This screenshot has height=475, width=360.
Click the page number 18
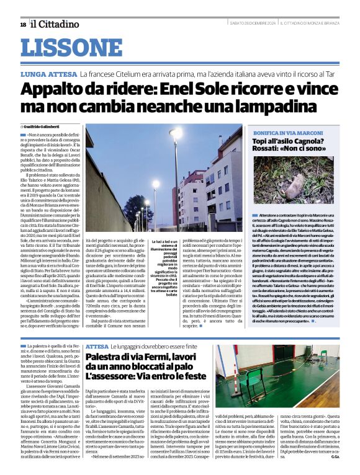pyautogui.click(x=23, y=24)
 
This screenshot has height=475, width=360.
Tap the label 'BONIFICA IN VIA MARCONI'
pyautogui.click(x=285, y=133)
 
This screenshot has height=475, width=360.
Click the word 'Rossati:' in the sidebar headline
pyautogui.click(x=270, y=151)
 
